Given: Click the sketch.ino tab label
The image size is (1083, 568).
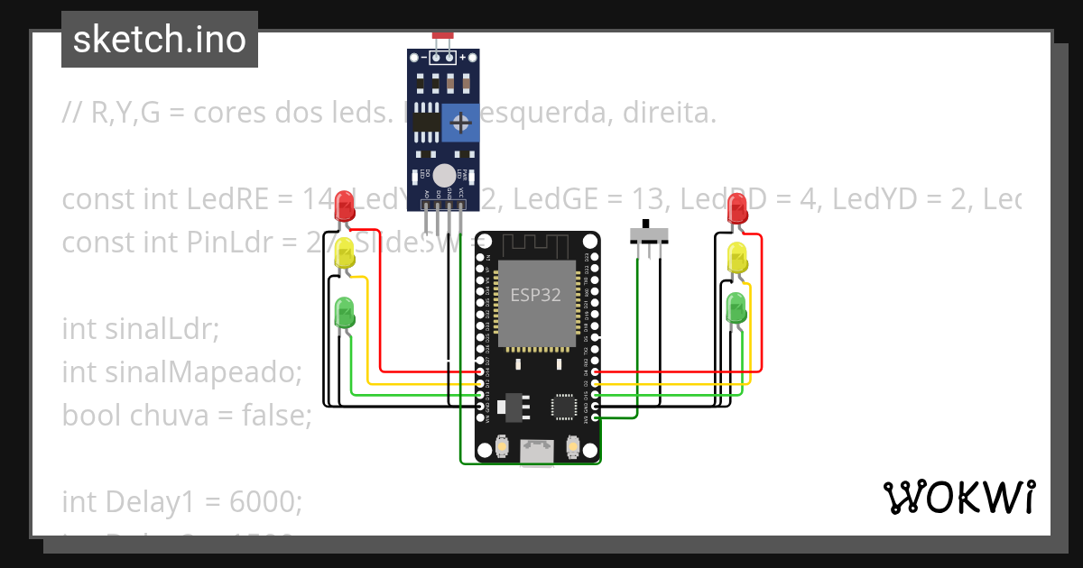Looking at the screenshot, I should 160,40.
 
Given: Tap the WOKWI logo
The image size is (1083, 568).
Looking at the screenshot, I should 958,497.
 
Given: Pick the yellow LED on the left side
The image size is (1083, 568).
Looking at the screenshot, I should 344,254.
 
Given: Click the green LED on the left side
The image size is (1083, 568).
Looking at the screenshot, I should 344,312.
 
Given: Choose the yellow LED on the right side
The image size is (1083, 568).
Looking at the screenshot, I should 737,258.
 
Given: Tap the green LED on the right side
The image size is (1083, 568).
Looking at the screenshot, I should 737,308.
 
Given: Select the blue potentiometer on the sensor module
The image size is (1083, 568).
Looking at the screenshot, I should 460,122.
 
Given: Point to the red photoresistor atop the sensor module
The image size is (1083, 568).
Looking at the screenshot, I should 442,36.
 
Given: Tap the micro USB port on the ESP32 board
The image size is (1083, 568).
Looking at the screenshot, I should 537,452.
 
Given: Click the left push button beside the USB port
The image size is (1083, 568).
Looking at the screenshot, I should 503,446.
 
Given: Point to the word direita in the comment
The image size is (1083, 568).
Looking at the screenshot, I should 666,114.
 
